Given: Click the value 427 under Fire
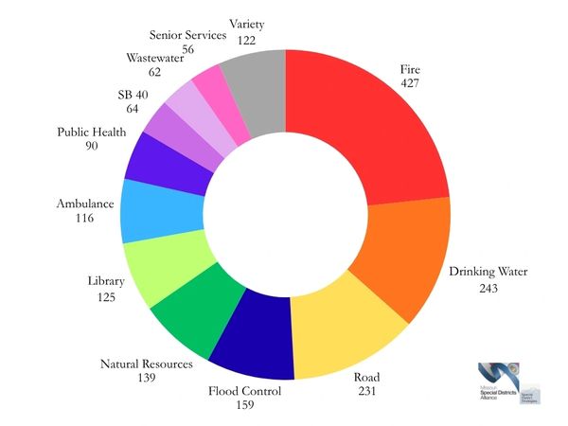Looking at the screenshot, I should click(408, 83).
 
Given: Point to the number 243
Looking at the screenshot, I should click(488, 287).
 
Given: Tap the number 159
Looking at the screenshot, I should click(244, 406).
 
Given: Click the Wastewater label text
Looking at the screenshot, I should click(154, 58).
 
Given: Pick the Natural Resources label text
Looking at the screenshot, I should click(146, 364).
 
